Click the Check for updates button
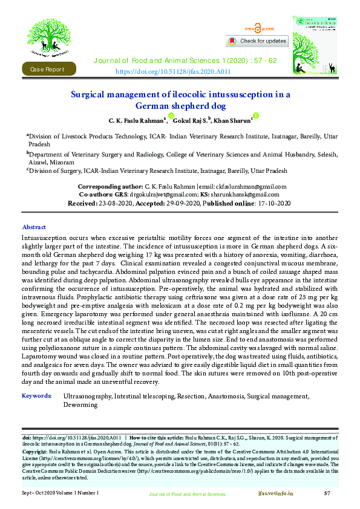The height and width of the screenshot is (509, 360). coord(257,41)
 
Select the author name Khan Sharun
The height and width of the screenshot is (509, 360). coord(232,120)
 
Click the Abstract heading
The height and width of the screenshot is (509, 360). coord(34,227)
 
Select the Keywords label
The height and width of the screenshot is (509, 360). coord(36,396)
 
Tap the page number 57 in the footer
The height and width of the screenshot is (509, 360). coord(327,494)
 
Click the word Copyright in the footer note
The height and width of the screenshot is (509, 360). coord(34,452)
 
